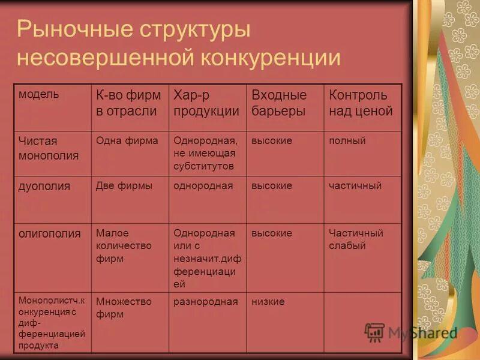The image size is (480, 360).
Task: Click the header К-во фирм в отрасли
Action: tap(128, 103)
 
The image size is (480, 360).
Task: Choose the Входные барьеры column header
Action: tap(279, 103)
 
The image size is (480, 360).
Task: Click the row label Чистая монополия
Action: tap(48, 148)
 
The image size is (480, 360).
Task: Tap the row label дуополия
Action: tap(44, 186)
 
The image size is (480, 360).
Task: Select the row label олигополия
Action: tap(49, 233)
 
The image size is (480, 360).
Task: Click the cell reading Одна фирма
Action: tap(127, 141)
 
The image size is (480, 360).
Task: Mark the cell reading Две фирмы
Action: tap(124, 186)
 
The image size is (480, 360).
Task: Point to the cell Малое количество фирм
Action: tap(124, 245)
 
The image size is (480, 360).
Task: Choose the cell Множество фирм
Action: tap(124, 307)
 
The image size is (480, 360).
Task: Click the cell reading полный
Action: tap(347, 141)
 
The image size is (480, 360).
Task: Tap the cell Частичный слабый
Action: tap(355, 239)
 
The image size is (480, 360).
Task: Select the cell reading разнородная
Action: tap(206, 301)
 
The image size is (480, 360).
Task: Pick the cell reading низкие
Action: tap(268, 301)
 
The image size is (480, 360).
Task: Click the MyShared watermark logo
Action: tap(411, 332)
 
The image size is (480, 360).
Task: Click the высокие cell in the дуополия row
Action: tap(272, 186)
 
